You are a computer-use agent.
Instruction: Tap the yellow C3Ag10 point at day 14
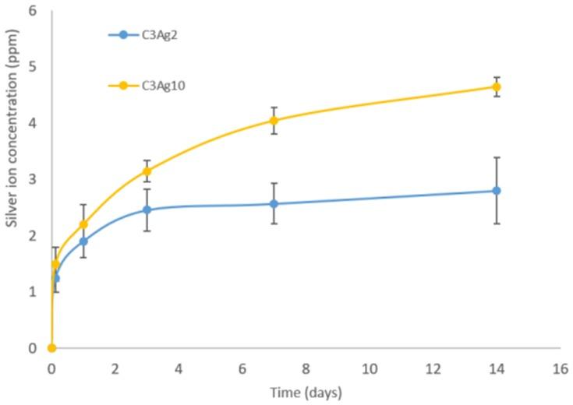click(x=497, y=86)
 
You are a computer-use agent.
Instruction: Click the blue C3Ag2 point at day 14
click(x=497, y=191)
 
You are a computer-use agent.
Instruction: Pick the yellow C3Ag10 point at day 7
click(x=274, y=120)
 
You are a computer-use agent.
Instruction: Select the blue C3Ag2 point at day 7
click(x=274, y=204)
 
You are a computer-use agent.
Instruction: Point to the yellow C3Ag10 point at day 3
click(x=147, y=171)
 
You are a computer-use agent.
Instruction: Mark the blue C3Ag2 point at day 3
click(x=147, y=210)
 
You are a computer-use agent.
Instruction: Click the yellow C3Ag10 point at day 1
click(x=83, y=224)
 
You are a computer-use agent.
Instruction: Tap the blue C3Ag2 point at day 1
click(x=83, y=241)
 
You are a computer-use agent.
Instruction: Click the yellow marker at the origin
click(x=51, y=348)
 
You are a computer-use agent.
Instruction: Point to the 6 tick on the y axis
click(x=34, y=11)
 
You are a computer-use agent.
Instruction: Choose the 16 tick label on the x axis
click(x=560, y=366)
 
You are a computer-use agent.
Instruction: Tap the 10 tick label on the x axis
click(x=370, y=366)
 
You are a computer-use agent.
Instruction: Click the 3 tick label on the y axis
click(x=34, y=179)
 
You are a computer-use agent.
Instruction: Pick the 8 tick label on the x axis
click(x=306, y=366)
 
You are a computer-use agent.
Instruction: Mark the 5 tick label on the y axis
click(x=34, y=67)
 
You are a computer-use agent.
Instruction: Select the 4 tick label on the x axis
click(x=179, y=366)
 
